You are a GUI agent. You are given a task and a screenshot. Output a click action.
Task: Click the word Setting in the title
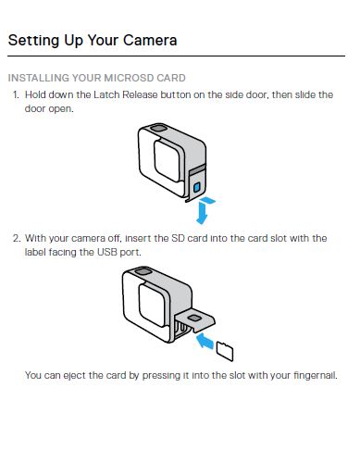(x=33, y=41)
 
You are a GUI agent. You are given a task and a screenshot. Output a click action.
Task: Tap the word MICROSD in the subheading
(x=129, y=78)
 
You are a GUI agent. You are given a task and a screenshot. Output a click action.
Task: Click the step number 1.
(x=16, y=94)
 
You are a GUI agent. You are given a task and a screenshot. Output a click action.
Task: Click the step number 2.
(x=17, y=238)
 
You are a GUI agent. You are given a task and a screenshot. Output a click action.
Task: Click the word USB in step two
(x=107, y=252)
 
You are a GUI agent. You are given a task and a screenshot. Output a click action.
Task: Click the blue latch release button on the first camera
(x=196, y=187)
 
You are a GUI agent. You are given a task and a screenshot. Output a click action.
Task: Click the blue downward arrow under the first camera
(x=203, y=212)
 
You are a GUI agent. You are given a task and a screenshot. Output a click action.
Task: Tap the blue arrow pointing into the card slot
(x=205, y=341)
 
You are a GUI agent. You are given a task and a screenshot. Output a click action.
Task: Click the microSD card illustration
(x=225, y=351)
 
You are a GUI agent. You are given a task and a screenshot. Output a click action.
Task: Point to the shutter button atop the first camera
(x=158, y=128)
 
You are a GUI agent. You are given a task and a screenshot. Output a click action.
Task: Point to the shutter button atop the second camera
(x=143, y=271)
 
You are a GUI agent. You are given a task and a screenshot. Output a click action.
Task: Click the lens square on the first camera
(x=167, y=161)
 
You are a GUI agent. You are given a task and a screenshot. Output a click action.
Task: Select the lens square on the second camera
(x=152, y=305)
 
